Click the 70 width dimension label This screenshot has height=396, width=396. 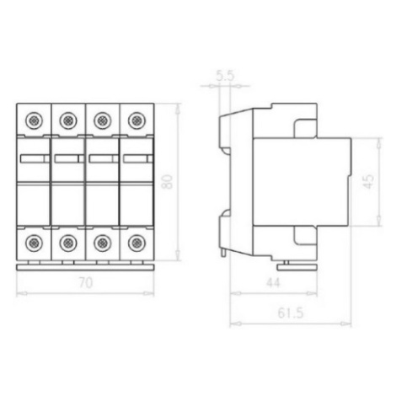(x=86, y=283)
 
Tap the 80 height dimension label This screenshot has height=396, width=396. (x=168, y=182)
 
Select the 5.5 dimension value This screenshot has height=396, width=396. (x=225, y=76)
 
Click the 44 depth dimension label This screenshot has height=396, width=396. (x=273, y=283)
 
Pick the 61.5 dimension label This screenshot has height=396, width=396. (x=291, y=313)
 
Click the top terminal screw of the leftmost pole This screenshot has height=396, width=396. (x=34, y=120)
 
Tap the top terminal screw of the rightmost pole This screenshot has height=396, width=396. (x=136, y=120)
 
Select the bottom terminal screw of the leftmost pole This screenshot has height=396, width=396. (x=34, y=243)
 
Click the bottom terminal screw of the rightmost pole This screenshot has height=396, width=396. (x=136, y=243)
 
